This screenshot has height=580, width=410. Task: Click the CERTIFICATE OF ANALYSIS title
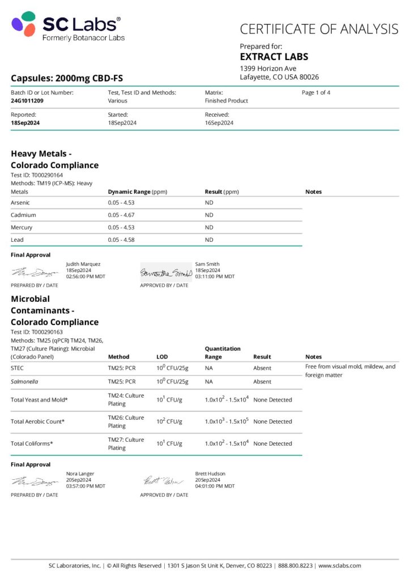click(319, 29)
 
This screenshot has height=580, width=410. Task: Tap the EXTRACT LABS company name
click(274, 57)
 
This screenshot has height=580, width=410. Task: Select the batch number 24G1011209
click(27, 101)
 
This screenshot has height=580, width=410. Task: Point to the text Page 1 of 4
click(316, 92)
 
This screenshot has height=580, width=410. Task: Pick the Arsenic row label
click(20, 203)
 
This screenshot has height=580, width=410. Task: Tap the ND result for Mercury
click(209, 228)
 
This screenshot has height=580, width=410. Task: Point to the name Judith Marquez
click(83, 264)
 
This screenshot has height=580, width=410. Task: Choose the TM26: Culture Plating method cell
click(126, 421)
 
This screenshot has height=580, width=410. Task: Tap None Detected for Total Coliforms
click(272, 443)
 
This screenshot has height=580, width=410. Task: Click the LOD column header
click(162, 357)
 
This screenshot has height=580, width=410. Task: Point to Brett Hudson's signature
click(163, 481)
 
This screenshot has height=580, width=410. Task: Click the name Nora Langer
click(80, 474)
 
